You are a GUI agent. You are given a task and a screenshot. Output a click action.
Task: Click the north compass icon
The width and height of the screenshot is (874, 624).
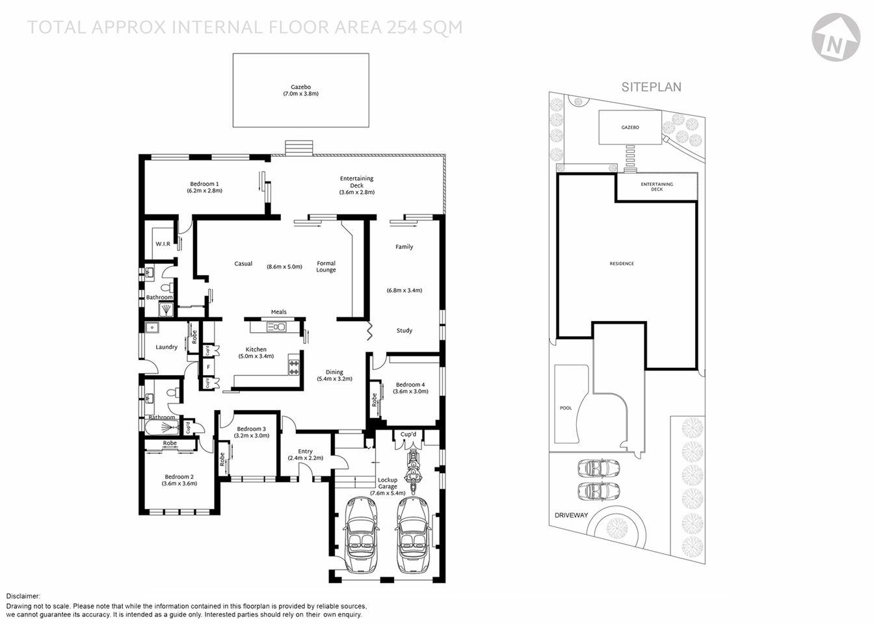(836, 38)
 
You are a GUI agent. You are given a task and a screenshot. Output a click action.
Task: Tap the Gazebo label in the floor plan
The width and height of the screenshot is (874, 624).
(300, 87)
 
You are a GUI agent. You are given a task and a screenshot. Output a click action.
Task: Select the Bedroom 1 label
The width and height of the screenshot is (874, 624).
(204, 184)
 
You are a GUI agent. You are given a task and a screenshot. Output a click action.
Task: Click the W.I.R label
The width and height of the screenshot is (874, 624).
(163, 244)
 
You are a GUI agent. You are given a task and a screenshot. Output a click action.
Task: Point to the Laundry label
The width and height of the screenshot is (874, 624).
(166, 347)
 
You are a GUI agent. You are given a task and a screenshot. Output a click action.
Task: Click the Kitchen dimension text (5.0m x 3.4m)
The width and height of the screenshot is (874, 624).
(256, 356)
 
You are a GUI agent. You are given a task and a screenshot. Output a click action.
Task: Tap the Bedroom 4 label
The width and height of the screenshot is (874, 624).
(410, 384)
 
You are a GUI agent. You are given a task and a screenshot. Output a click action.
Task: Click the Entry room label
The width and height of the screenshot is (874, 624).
(305, 451)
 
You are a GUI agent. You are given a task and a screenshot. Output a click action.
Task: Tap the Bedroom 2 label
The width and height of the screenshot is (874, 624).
(179, 476)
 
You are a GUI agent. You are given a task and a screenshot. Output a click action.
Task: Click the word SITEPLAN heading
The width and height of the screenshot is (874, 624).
(651, 87)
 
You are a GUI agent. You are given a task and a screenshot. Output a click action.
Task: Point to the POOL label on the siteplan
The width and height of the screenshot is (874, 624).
(566, 408)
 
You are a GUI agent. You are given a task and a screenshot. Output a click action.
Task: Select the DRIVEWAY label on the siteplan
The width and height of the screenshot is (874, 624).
(571, 515)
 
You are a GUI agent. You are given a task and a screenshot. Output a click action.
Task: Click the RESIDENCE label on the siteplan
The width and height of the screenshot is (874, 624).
(622, 264)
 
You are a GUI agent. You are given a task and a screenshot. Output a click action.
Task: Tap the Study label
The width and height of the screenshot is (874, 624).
(404, 330)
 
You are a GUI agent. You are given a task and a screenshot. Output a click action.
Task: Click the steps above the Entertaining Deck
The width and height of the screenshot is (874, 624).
(298, 148)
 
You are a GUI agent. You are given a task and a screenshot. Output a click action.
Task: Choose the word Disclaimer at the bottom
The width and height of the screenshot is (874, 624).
(23, 596)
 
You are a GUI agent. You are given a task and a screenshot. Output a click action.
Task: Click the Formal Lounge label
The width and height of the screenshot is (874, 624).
(326, 266)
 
